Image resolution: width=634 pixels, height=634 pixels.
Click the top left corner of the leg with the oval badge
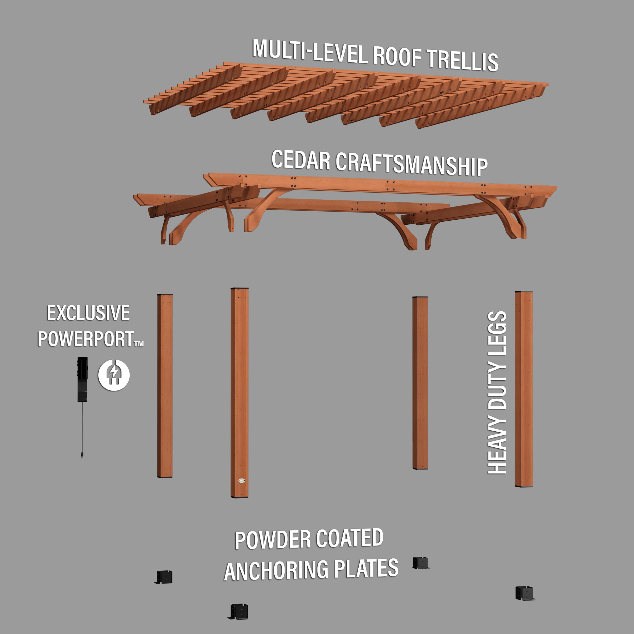[231, 288]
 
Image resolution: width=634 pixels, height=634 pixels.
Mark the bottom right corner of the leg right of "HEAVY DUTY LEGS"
[533, 487]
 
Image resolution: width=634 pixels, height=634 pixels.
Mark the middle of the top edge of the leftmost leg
[165, 294]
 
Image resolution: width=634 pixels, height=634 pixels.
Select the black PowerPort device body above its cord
[82, 379]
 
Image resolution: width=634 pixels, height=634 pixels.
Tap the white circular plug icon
[114, 375]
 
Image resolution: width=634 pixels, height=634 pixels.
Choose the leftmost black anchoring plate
[163, 577]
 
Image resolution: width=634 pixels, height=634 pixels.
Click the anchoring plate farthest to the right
[525, 593]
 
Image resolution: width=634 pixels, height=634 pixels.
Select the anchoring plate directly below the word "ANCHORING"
[239, 611]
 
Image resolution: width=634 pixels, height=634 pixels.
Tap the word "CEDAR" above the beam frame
[301, 160]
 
